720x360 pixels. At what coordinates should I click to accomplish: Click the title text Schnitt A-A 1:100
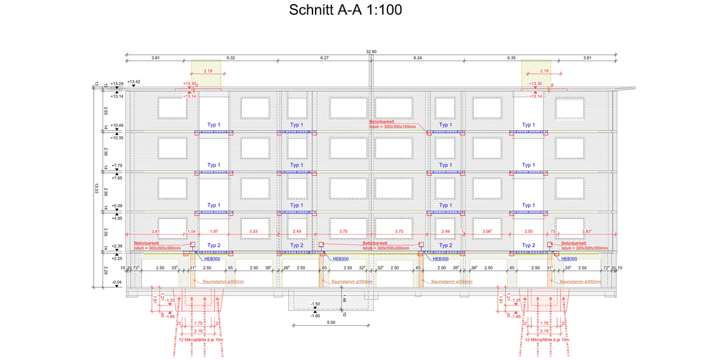coord(345,11)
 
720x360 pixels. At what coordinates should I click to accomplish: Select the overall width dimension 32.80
coord(371,52)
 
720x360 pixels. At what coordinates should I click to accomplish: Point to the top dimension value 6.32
coord(231,58)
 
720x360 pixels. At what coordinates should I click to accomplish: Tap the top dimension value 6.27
coord(325,58)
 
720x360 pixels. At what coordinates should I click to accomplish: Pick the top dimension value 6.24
coord(418,58)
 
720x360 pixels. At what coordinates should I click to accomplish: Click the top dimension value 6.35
coord(512,58)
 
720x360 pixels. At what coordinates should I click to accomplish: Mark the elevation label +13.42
coord(134,82)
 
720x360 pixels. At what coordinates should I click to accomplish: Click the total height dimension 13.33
coord(97,188)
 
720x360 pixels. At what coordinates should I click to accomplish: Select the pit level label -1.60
coord(315,315)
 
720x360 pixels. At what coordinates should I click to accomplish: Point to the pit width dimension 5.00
coord(331,323)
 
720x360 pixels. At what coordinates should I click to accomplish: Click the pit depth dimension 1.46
coord(345,299)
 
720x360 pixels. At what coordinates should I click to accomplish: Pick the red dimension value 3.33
coord(253,232)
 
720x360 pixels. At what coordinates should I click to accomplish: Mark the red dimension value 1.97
coord(214,232)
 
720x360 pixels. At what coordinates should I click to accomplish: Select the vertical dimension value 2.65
coord(106,111)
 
